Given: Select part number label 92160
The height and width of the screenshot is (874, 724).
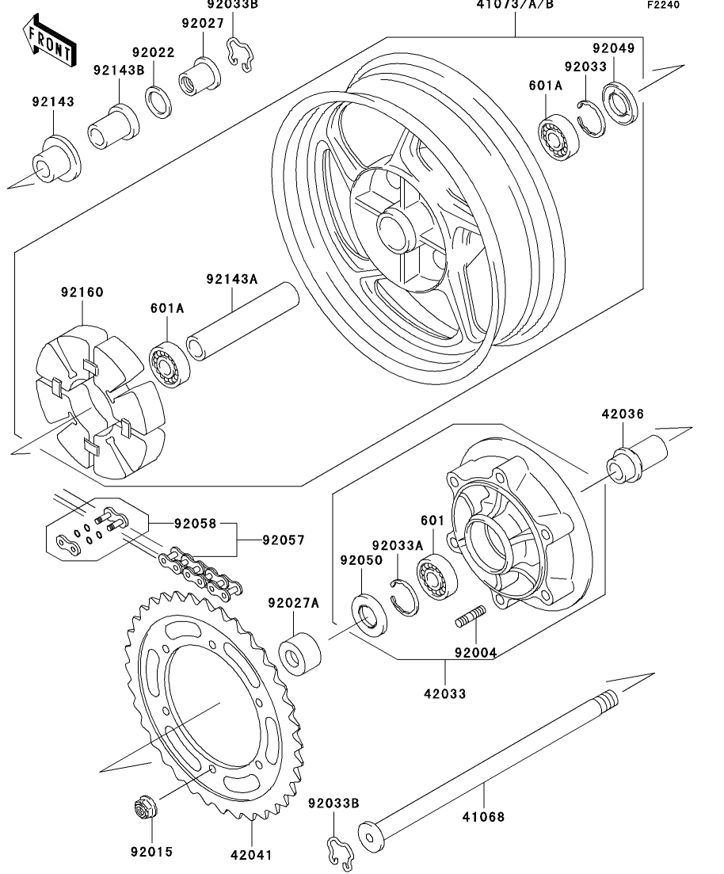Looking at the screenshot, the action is [x=82, y=292].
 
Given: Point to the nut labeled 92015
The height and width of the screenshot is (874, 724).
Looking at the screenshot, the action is [x=146, y=807].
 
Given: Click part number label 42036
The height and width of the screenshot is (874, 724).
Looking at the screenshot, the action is [x=623, y=414].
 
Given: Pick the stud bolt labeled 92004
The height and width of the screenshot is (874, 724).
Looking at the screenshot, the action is [x=471, y=616].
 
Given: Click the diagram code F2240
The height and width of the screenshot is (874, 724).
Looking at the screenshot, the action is [x=663, y=5].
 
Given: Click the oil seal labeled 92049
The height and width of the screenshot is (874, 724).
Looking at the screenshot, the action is [x=620, y=103].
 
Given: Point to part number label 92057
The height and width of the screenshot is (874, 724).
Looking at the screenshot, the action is [x=284, y=540].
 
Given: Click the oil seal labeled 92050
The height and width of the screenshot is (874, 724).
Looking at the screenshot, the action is [x=369, y=616].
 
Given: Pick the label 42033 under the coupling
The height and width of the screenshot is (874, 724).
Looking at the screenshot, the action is [x=444, y=694].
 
